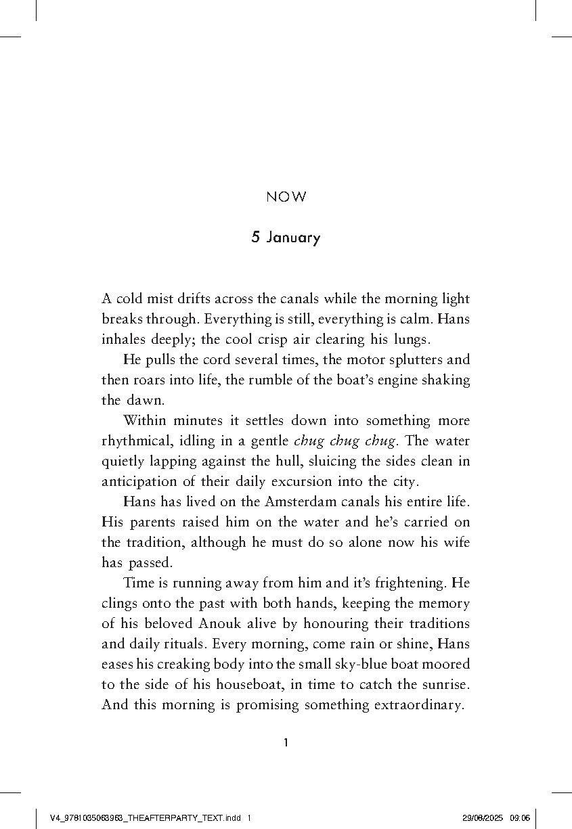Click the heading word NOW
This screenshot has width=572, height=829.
coord(286,198)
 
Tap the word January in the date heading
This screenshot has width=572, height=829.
coord(293,238)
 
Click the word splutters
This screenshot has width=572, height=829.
coord(392,359)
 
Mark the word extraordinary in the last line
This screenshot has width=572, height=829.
coord(418,704)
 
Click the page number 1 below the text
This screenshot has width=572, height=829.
coord(286,743)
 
